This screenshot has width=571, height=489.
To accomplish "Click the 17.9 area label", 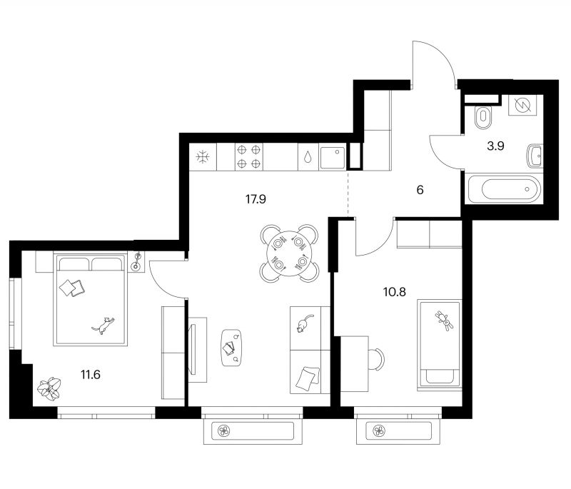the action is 256,199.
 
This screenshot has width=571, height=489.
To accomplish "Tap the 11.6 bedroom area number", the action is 91,374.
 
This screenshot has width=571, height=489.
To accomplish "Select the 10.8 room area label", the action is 395,292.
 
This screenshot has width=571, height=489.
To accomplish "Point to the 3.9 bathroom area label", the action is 495,146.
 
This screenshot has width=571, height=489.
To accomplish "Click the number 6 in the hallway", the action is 420,190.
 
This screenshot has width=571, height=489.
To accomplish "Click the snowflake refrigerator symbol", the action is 203,157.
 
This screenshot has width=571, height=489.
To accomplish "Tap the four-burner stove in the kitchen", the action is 248,156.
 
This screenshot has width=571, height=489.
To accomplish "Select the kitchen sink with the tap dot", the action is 333,157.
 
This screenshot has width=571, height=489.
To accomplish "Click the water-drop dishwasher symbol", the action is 308,157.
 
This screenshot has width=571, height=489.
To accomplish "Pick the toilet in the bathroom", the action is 483,117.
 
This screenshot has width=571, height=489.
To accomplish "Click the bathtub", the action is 504,188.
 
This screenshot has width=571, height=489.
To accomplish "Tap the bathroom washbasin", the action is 535,156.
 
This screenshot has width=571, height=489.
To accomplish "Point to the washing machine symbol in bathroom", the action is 522,106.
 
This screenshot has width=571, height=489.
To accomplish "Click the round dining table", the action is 289,253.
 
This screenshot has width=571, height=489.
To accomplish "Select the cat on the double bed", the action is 103,325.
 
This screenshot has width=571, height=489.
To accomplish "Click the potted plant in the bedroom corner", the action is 49,389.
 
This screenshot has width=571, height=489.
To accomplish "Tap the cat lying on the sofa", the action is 304,323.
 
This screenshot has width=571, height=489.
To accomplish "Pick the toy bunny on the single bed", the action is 443,321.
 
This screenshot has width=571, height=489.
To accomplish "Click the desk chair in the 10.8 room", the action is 377,359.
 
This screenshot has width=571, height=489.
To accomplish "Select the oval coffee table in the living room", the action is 232,348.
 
